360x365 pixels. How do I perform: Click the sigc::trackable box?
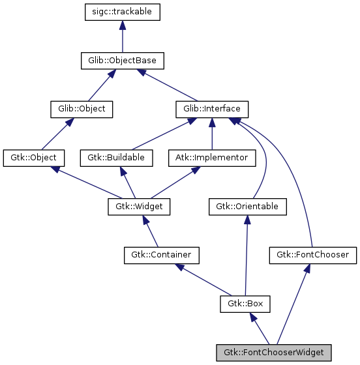point(122,12)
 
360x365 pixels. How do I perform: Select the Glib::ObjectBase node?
point(122,61)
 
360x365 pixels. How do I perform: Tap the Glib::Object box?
point(82,109)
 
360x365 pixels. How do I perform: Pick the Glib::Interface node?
point(212,109)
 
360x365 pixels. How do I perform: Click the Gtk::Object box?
point(34,157)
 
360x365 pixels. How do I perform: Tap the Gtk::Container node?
point(161,255)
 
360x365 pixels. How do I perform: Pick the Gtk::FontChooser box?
point(313,255)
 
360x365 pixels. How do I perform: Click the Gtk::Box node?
point(245,303)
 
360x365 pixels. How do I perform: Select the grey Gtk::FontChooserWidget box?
point(274,352)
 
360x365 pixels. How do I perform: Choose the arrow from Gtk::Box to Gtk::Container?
point(202,279)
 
